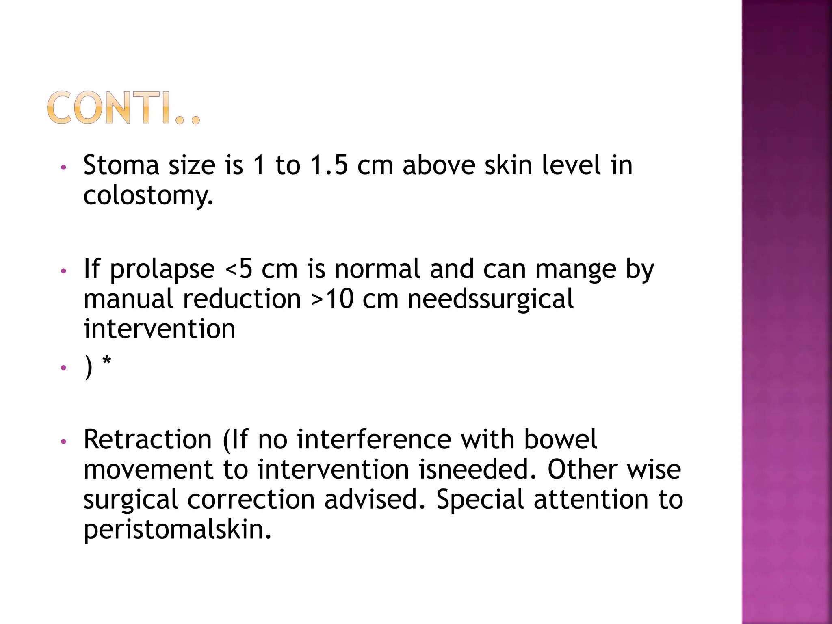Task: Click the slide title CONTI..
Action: pos(123,108)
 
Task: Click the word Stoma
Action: pos(121,166)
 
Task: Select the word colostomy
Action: pos(148,196)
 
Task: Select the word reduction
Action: pos(242,299)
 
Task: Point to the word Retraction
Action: pos(147,440)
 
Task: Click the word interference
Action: pos(374,440)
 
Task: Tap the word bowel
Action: pos(560,440)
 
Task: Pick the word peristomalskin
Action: pos(177,530)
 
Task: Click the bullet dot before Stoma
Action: pos(63,167)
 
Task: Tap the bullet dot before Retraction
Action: pos(63,441)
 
